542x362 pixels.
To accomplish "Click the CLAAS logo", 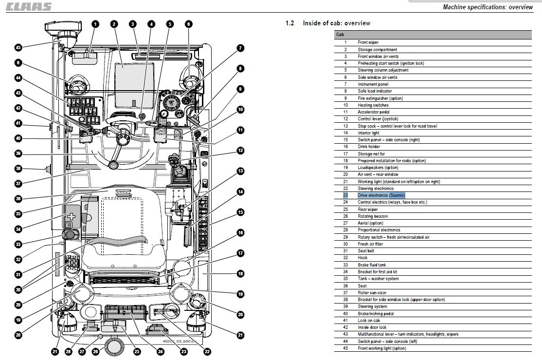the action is point(29,7).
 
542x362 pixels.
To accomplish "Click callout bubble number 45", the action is point(18,47).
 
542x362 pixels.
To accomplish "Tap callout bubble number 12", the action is point(240,151).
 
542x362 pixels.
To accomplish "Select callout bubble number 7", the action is point(240,48).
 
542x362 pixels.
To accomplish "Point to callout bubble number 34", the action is point(18,229).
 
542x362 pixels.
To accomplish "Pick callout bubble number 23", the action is point(184,352).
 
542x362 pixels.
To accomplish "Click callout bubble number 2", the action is point(114,24).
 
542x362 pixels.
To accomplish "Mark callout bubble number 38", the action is point(18,169).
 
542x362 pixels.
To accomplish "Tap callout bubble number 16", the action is point(240,232).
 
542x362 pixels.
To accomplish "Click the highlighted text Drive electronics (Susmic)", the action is point(381,195).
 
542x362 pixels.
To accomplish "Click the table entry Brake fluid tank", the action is point(372,265).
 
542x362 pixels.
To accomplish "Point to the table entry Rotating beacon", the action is point(373,216).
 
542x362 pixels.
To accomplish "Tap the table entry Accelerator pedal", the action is point(373,112).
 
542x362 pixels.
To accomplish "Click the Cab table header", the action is point(340,35).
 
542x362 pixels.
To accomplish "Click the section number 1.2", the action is point(289,23).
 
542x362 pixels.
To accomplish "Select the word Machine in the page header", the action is point(454,7).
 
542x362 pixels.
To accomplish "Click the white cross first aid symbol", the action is point(71,217).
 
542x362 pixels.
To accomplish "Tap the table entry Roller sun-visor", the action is point(372,293).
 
